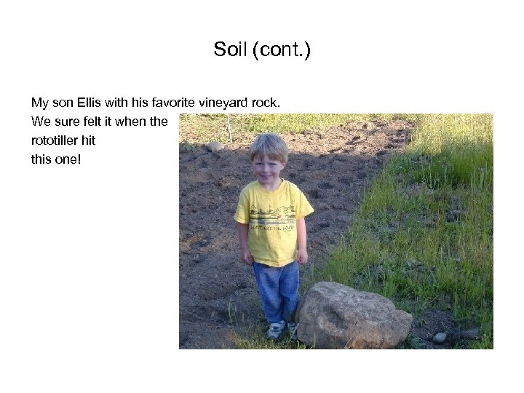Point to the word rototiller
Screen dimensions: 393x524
(57, 140)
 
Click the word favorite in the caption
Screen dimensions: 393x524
(170, 103)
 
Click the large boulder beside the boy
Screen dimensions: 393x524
(352, 314)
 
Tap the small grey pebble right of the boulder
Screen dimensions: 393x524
(439, 337)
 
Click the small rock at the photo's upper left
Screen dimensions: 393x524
(215, 146)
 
